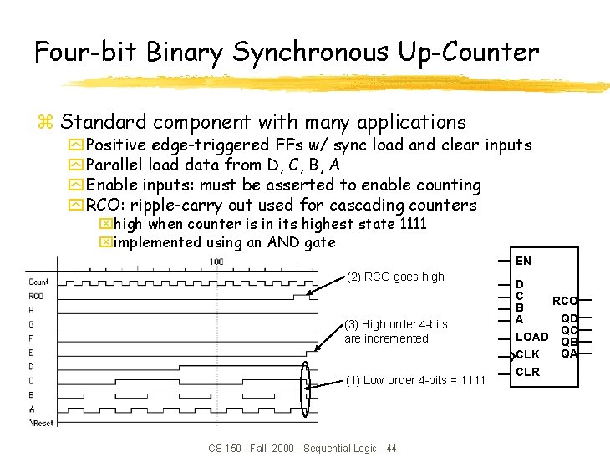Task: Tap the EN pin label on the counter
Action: pyautogui.click(x=523, y=261)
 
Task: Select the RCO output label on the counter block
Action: pyautogui.click(x=564, y=301)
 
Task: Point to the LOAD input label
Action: pyautogui.click(x=532, y=337)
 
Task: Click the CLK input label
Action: pyautogui.click(x=528, y=354)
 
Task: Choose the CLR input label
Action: pyautogui.click(x=528, y=372)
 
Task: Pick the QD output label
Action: pyautogui.click(x=569, y=318)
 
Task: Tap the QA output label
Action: pyautogui.click(x=569, y=353)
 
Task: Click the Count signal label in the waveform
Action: pyautogui.click(x=38, y=282)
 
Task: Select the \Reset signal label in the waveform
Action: pyautogui.click(x=40, y=423)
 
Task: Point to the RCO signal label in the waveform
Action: pyautogui.click(x=36, y=296)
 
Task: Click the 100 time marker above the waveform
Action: pyautogui.click(x=216, y=262)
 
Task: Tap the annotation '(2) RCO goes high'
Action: pyautogui.click(x=395, y=277)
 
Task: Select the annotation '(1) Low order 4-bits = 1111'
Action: pyautogui.click(x=415, y=380)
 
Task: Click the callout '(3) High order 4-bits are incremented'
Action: pyautogui.click(x=395, y=331)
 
